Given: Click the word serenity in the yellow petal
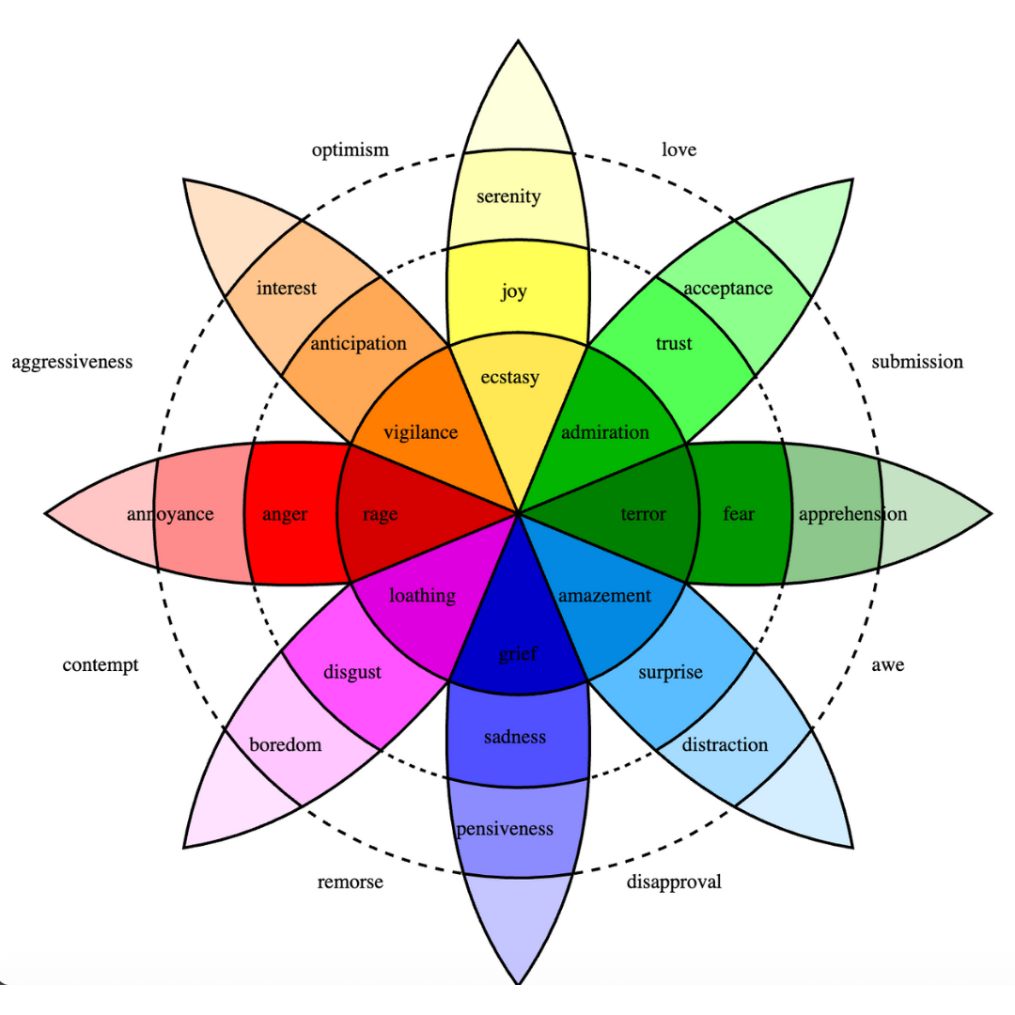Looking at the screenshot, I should tap(508, 196).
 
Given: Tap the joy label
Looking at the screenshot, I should tap(513, 291).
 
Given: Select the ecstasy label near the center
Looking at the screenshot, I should tap(509, 378).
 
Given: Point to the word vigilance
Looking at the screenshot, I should tap(420, 432).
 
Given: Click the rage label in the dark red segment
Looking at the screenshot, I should tap(380, 514).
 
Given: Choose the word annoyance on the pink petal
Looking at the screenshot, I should tap(170, 514).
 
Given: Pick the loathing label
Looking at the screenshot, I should tap(422, 595).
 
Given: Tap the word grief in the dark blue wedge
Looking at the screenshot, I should tap(518, 654).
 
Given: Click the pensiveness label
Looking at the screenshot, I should tap(505, 829).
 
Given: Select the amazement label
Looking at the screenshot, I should tap(604, 595).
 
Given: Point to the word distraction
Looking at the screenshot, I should tap(725, 744).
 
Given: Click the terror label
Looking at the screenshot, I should tap(643, 514).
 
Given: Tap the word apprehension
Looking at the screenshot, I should tap(852, 514).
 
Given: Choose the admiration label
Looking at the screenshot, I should tap(605, 432).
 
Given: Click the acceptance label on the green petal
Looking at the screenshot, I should tap(727, 289).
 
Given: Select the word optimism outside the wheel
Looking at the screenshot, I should tap(350, 150).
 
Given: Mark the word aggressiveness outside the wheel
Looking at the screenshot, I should tap(72, 362).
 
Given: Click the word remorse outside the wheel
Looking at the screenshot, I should tap(350, 882).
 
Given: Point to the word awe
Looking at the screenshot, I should tap(887, 665).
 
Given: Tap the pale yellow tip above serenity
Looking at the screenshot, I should tap(519, 103).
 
